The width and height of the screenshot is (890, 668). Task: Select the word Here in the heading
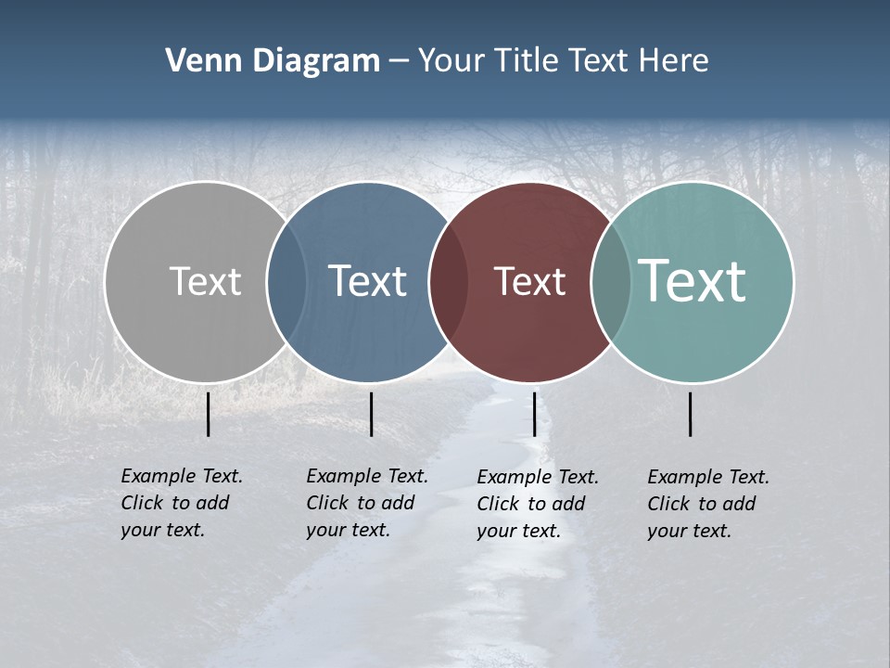coord(675,61)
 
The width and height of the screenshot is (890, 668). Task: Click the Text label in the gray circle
coord(205,281)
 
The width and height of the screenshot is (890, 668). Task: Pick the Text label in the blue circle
coord(367,281)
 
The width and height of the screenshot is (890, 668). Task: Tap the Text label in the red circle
coord(529,281)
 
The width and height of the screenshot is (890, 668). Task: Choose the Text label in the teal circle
coord(693,281)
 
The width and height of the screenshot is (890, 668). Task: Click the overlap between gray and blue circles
coord(286,282)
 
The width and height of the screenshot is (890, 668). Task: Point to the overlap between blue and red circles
coord(449,282)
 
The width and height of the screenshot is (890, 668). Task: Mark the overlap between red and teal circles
coord(611,282)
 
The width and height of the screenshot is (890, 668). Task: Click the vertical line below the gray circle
coord(209,414)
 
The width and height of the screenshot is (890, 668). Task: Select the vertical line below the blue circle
coord(371,414)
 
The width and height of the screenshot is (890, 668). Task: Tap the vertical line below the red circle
coord(534,414)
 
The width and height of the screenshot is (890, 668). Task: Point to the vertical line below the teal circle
coord(691,414)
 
